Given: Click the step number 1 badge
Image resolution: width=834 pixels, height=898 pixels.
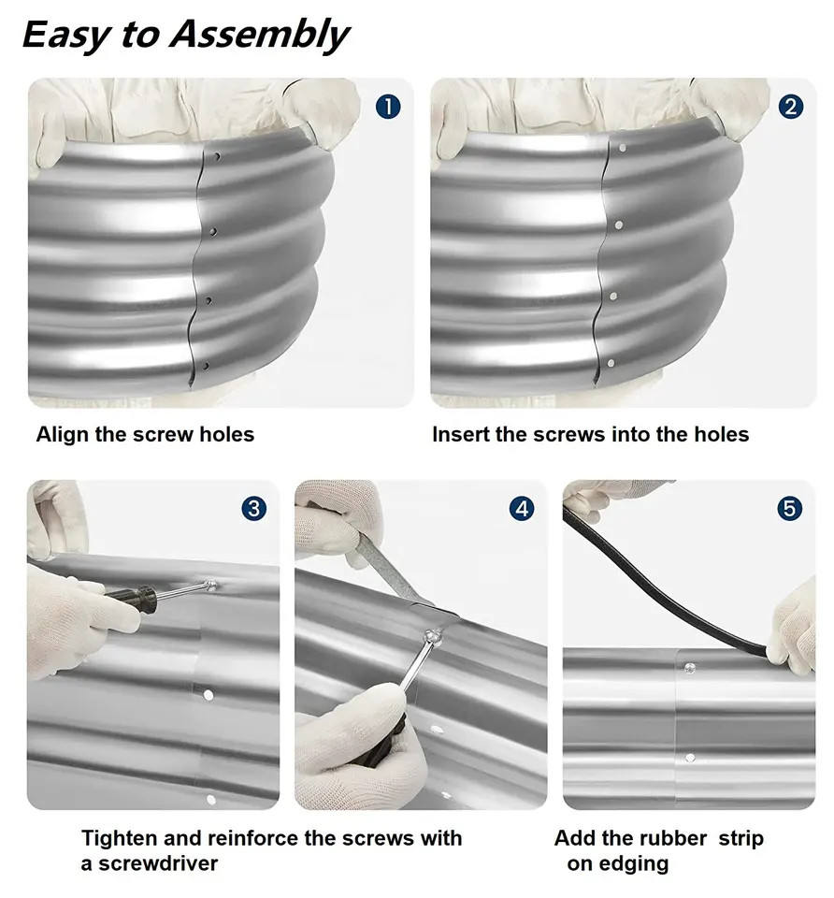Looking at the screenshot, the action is pyautogui.click(x=387, y=107).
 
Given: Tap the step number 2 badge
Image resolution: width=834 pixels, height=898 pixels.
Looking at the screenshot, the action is pyautogui.click(x=790, y=107).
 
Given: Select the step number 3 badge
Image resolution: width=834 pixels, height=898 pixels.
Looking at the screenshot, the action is pyautogui.click(x=253, y=509).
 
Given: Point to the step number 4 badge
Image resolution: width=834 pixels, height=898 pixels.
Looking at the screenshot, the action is pyautogui.click(x=522, y=509).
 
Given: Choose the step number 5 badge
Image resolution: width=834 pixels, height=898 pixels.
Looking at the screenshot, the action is pyautogui.click(x=789, y=509).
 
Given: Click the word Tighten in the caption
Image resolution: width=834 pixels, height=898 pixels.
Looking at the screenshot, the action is pyautogui.click(x=119, y=839).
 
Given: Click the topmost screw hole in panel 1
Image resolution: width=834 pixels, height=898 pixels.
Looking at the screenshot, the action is pyautogui.click(x=216, y=156).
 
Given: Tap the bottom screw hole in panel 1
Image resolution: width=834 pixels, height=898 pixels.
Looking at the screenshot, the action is pyautogui.click(x=206, y=366).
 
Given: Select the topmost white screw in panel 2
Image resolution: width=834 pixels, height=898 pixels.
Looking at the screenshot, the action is pyautogui.click(x=622, y=148).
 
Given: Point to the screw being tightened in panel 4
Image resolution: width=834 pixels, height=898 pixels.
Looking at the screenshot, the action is pyautogui.click(x=433, y=636).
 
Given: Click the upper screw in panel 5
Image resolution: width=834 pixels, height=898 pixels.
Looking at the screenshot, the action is pyautogui.click(x=690, y=668).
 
